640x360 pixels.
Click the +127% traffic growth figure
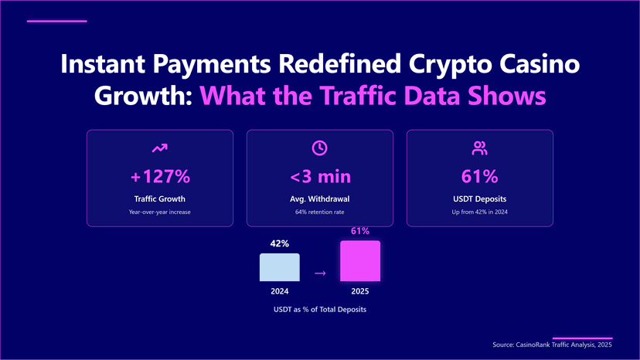pos(160,177)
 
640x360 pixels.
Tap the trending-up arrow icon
pos(160,148)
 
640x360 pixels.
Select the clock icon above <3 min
pos(319,148)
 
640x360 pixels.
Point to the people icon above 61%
pos(479,148)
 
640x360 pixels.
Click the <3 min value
pos(320,177)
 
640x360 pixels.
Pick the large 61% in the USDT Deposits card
pos(479,177)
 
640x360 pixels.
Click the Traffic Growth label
pos(160,199)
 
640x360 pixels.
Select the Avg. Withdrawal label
pos(320,199)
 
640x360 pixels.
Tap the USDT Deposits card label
pos(479,199)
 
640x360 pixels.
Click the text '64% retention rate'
pos(320,212)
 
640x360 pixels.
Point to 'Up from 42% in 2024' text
pos(479,212)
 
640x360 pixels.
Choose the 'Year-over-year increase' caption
pos(160,212)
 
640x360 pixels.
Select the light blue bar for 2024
pos(279,267)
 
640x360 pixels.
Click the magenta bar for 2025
pos(360,261)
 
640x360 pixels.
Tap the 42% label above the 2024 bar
pos(279,243)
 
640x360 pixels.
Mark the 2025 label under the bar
pos(360,292)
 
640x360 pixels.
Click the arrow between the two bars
pos(320,273)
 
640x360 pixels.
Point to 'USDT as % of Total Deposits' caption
pos(320,309)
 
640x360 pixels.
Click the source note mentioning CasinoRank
pos(552,345)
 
